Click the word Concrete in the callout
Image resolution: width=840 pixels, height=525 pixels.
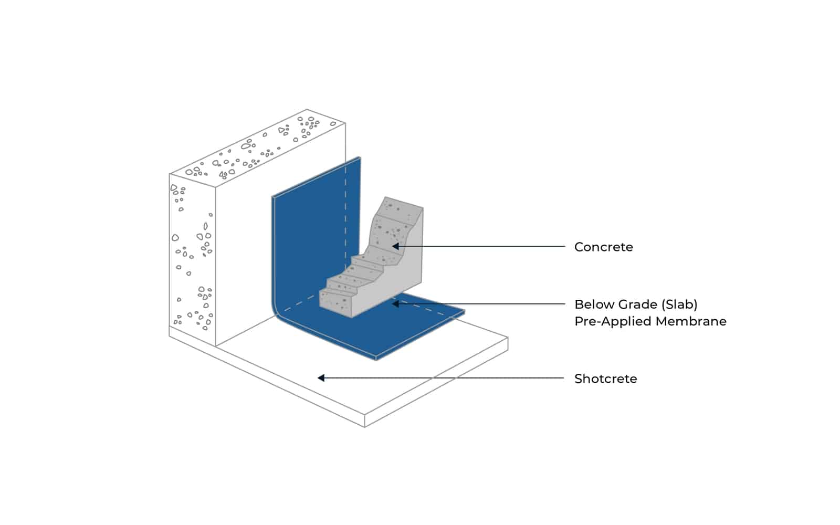pyautogui.click(x=603, y=247)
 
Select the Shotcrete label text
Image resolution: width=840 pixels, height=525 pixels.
pyautogui.click(x=605, y=379)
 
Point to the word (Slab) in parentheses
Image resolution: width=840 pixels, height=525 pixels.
pyautogui.click(x=679, y=304)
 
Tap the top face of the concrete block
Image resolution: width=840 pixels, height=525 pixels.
pyautogui.click(x=403, y=203)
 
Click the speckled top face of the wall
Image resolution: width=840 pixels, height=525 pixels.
pyautogui.click(x=257, y=150)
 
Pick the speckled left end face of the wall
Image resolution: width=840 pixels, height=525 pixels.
pyautogui.click(x=192, y=257)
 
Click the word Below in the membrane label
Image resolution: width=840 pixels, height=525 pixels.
pyautogui.click(x=593, y=304)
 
